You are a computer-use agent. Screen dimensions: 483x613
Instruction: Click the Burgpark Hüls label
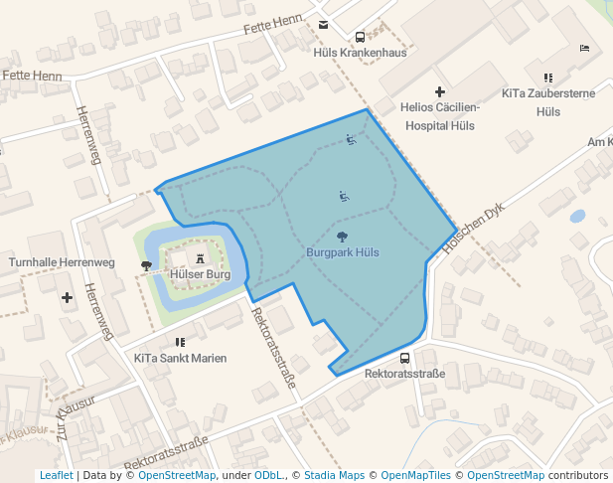343,252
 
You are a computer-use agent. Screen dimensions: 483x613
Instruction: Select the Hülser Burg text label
201,273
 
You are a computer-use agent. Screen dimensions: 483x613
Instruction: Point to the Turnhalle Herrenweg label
62,262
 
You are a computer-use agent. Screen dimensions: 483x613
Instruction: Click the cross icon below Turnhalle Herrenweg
67,297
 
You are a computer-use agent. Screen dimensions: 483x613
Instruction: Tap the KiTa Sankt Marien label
180,358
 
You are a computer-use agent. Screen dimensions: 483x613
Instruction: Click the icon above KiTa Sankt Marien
180,341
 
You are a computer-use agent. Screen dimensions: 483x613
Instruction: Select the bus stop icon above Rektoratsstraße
404,358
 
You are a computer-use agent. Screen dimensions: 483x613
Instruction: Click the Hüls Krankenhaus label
360,53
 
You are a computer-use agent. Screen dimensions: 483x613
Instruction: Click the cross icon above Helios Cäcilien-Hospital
439,91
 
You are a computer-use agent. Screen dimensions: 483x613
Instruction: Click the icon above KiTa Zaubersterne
547,78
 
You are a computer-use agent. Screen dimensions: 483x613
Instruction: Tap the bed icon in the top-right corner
585,48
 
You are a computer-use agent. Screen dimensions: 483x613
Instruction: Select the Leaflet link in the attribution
56,475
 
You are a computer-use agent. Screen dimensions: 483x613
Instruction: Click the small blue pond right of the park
577,215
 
